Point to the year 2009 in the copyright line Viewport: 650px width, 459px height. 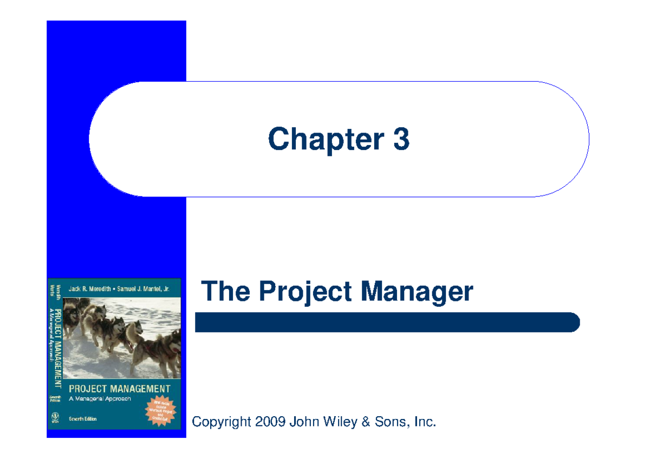(x=270, y=421)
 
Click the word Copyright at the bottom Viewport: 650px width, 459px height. (x=222, y=421)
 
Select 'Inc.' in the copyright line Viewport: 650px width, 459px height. (x=424, y=421)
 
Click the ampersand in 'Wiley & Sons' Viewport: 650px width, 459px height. (x=368, y=421)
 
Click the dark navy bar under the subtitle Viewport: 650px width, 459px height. (x=387, y=323)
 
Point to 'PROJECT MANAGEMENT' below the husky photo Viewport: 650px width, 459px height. (x=119, y=389)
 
